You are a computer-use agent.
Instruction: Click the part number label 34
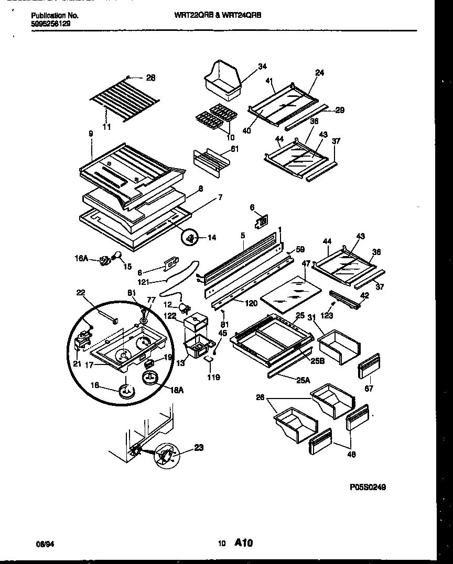(262, 66)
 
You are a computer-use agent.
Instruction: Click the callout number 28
(150, 78)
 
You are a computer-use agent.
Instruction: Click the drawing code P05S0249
(368, 487)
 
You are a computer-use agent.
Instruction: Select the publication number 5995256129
(50, 24)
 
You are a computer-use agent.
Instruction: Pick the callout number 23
(199, 448)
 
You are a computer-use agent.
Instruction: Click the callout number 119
(213, 377)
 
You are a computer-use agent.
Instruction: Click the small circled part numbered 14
(190, 238)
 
